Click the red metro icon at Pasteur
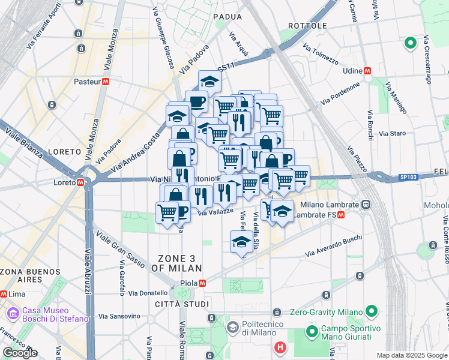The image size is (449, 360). (106, 82)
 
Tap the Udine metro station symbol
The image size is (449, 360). (367, 71)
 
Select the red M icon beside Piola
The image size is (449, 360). (203, 283)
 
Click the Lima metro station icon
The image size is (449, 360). (4, 294)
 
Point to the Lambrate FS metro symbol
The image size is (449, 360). (341, 215)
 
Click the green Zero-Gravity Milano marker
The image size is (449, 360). (372, 311)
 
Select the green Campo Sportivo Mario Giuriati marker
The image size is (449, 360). (312, 331)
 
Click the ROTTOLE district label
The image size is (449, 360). (307, 26)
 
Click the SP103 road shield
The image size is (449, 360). (409, 178)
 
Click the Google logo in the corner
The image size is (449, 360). (20, 353)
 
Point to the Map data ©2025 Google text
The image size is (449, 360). (412, 355)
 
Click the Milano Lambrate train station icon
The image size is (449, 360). (365, 205)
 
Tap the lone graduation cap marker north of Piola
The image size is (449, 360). (241, 242)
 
